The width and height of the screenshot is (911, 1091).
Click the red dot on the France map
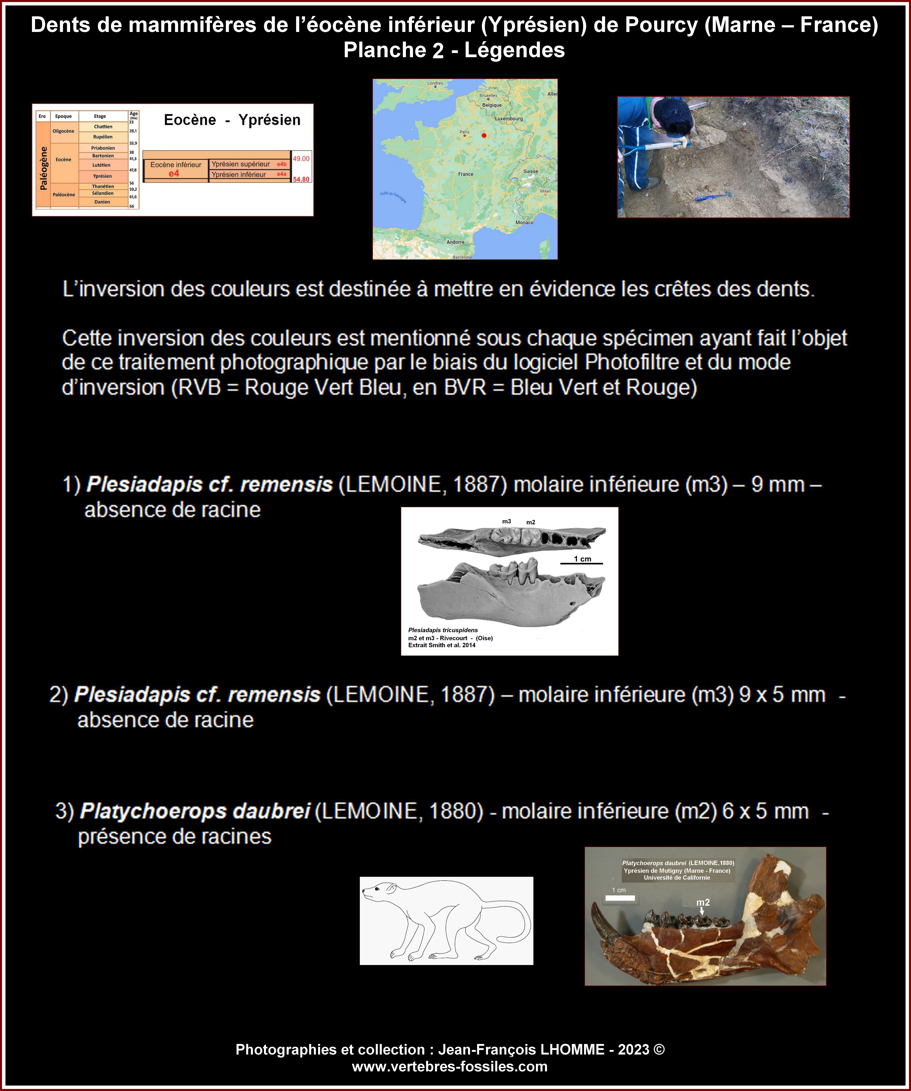coord(484,136)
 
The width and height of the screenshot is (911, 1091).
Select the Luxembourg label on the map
coord(509,119)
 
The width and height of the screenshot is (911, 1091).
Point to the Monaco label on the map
coord(524,222)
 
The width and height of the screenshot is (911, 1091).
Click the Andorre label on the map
coord(455,242)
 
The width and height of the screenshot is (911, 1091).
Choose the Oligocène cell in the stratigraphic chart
coord(63,131)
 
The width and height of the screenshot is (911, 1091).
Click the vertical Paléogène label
coord(44,168)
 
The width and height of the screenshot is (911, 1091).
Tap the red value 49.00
coord(301,158)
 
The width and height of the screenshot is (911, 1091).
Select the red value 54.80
coord(301,179)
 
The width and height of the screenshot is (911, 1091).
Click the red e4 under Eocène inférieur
coord(174,174)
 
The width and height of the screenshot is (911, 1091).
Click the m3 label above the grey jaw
coord(506,521)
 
